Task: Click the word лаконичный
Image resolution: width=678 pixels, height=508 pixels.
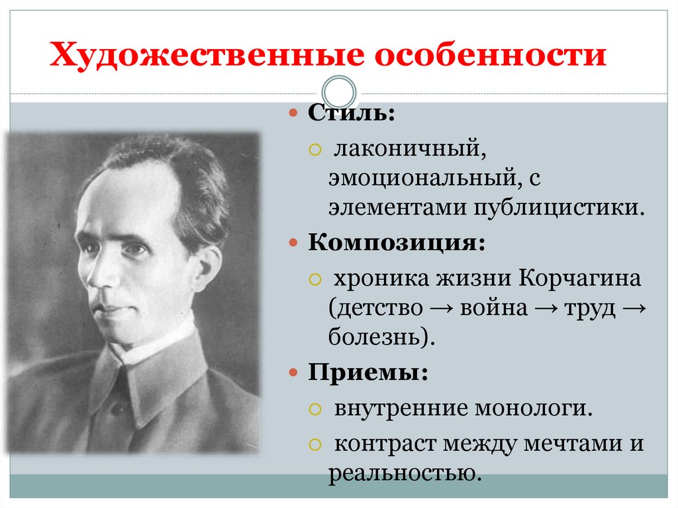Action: tap(411, 148)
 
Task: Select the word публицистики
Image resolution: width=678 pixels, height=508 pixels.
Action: tap(557, 208)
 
